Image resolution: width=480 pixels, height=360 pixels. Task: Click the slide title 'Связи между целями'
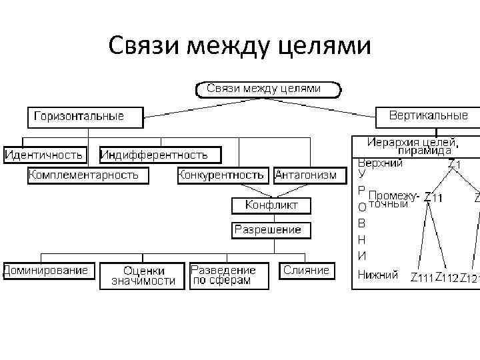click(x=239, y=46)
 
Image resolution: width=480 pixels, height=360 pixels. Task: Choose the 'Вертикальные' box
click(x=429, y=116)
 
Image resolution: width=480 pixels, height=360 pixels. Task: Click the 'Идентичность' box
click(x=44, y=155)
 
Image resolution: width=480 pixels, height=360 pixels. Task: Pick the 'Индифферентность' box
click(x=154, y=155)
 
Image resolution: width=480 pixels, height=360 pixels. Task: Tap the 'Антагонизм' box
click(x=311, y=175)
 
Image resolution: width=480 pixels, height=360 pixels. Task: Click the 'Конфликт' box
click(x=271, y=205)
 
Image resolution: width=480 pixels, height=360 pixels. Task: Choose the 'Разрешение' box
click(x=267, y=230)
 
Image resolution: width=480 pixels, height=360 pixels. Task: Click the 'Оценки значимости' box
click(x=143, y=275)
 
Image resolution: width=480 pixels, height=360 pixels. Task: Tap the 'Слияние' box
click(x=306, y=271)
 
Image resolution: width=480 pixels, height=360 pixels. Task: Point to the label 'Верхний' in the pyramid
click(x=380, y=163)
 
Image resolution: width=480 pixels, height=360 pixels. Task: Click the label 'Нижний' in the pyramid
click(x=378, y=274)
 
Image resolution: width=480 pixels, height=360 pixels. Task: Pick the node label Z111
click(x=421, y=278)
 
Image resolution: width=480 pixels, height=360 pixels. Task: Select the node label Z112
click(x=447, y=278)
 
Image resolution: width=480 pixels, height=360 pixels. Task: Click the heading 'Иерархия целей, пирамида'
click(x=413, y=146)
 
